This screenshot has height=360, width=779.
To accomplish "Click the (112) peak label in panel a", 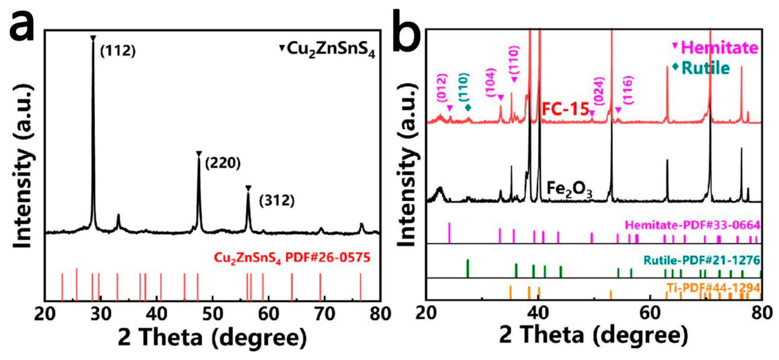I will point(118,51).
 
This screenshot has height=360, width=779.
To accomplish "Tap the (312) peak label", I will point(276,201).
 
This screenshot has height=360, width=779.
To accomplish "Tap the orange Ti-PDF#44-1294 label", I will point(714,288).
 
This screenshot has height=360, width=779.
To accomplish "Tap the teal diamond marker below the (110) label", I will point(468,107).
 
